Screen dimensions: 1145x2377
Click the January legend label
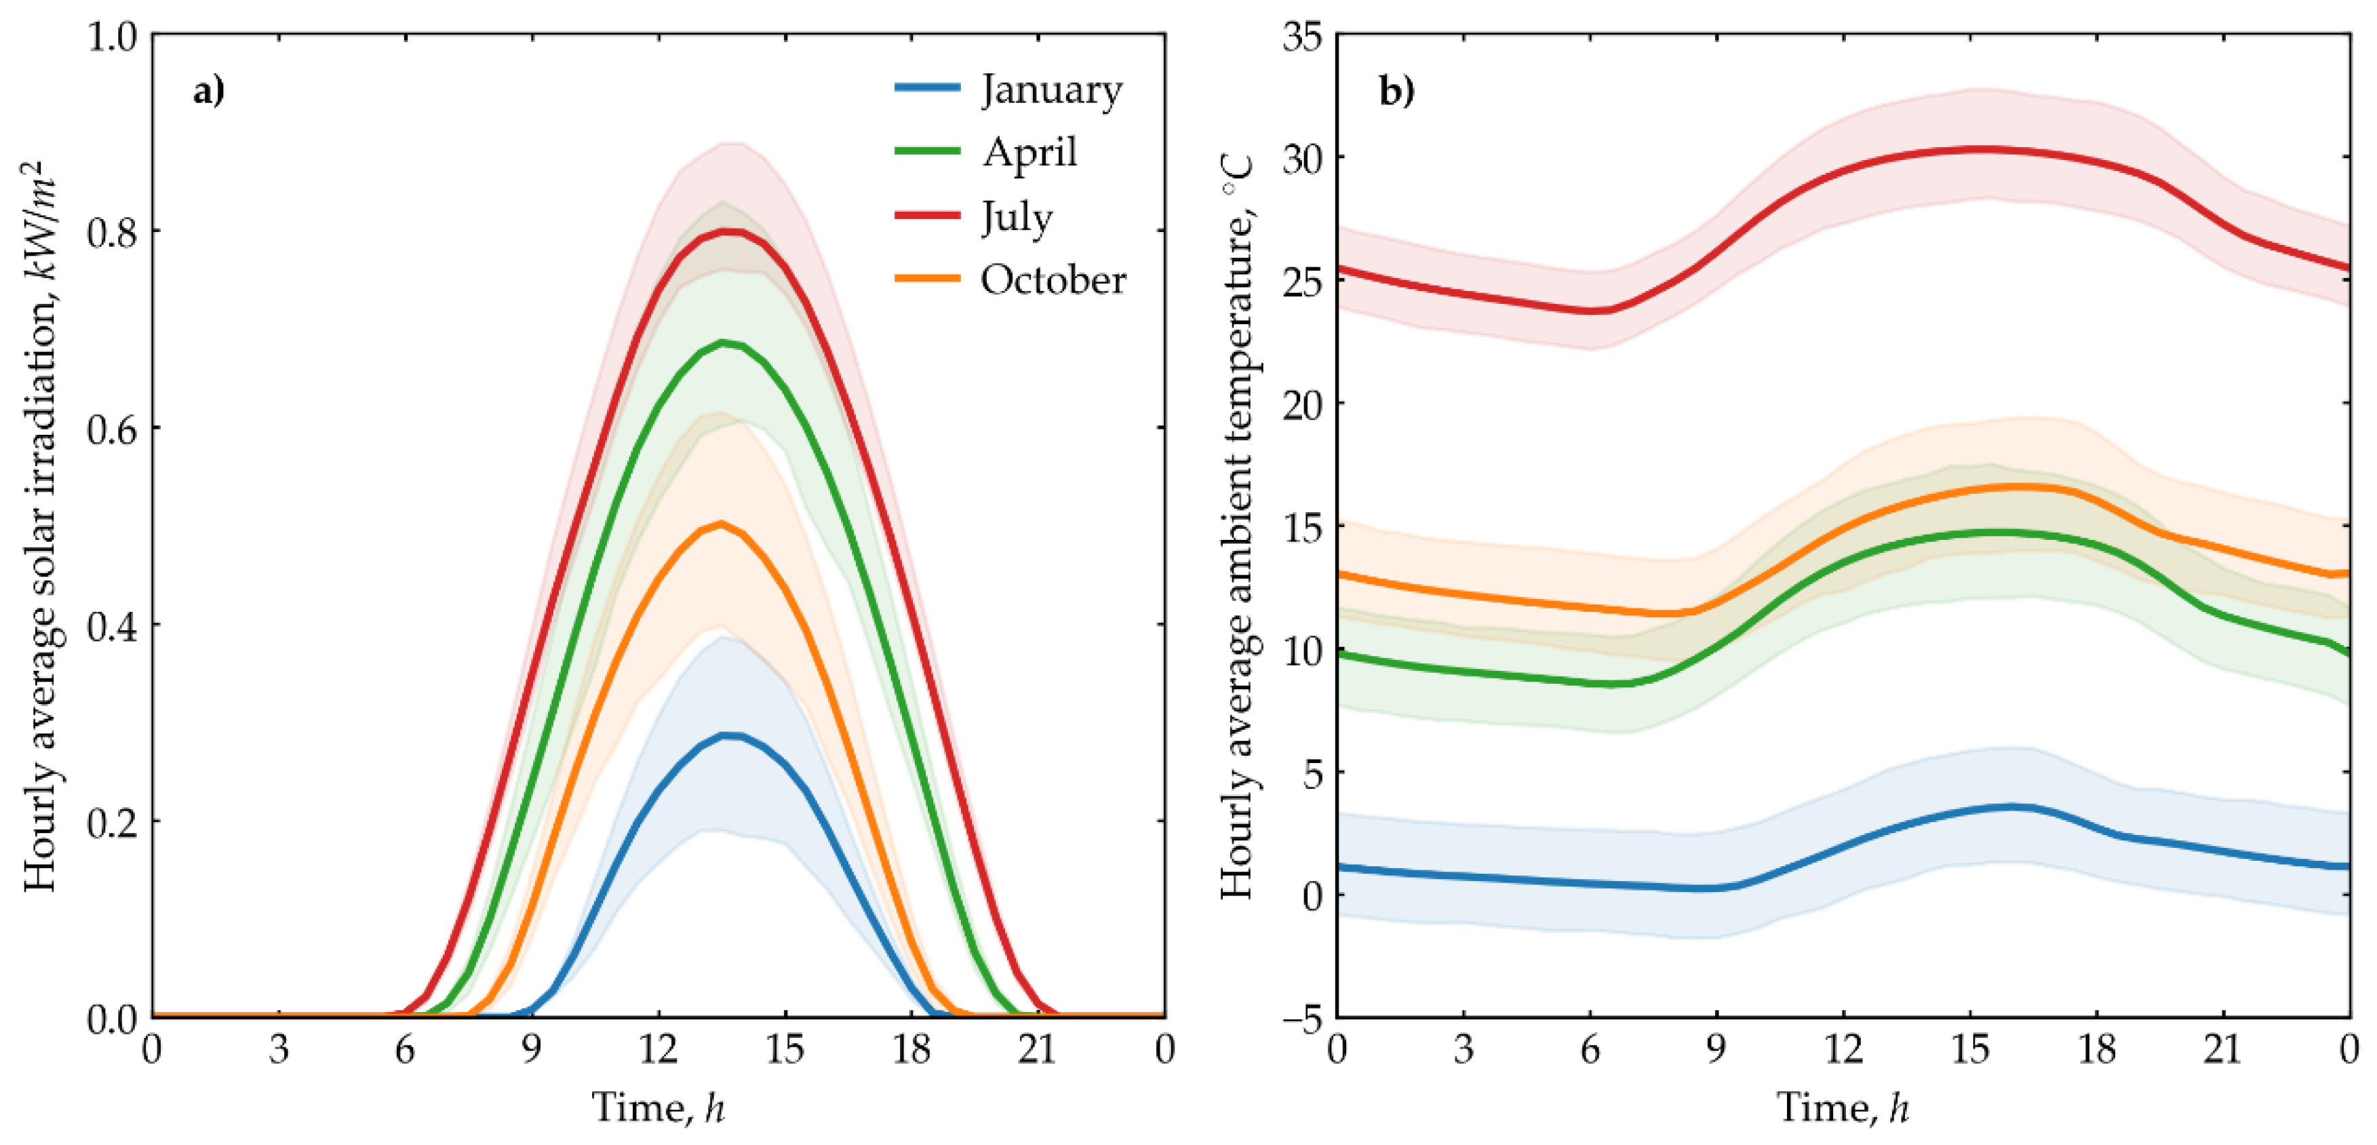(1051, 90)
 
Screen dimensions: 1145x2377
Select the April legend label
(1029, 152)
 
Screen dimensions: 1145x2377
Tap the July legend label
(1016, 218)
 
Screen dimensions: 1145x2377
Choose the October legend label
(1053, 279)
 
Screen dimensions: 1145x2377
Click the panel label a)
(209, 92)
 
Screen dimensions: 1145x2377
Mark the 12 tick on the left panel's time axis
(658, 1050)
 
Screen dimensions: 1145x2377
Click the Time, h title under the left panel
(658, 1107)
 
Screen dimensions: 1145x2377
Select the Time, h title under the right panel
(1843, 1107)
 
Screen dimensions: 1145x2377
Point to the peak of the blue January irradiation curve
(730, 735)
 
